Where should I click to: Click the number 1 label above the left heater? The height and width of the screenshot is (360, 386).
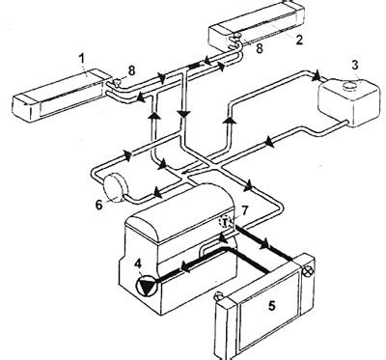[x=82, y=59]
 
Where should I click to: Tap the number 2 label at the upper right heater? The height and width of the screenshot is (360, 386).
[x=299, y=40]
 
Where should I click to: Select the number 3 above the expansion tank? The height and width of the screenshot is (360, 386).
[x=355, y=65]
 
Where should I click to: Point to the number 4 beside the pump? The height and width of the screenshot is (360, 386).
[x=138, y=263]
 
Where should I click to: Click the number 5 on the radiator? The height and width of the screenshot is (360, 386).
[x=272, y=306]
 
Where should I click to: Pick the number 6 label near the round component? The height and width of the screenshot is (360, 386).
[x=99, y=205]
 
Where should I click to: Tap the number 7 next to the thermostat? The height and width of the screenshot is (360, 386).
[x=244, y=210]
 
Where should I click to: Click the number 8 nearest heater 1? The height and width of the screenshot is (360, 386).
[x=131, y=70]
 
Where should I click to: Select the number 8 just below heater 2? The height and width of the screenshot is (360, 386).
[x=260, y=48]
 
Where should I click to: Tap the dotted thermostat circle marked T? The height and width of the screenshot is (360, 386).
[x=225, y=222]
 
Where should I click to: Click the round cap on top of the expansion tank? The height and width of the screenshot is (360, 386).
[x=349, y=86]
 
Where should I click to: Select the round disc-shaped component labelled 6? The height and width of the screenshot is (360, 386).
[x=114, y=187]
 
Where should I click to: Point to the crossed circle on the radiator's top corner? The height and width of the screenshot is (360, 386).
[x=308, y=272]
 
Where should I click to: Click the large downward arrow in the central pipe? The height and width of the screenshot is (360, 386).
[x=184, y=114]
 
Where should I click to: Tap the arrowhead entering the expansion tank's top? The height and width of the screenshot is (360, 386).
[x=317, y=76]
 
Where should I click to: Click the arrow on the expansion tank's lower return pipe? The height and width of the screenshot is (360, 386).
[x=269, y=142]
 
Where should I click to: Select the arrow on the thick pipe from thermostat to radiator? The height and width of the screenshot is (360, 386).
[x=264, y=244]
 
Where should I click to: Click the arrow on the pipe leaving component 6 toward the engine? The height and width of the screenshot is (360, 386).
[x=157, y=192]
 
